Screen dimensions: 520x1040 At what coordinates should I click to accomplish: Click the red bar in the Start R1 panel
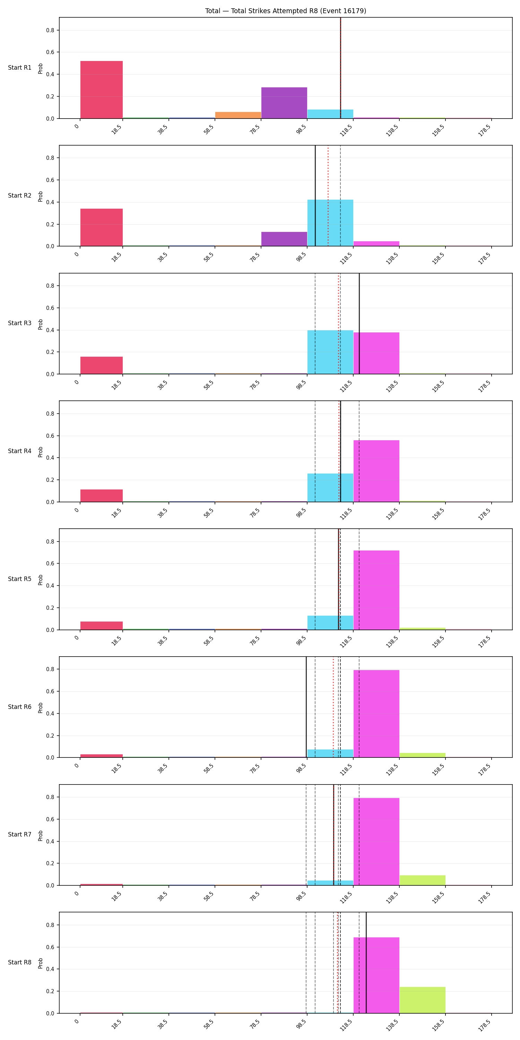(101, 90)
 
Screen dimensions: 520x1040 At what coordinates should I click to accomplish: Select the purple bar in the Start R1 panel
(284, 103)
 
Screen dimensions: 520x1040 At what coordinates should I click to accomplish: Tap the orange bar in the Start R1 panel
(238, 115)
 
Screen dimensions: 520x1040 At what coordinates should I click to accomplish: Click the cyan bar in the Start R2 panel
(330, 223)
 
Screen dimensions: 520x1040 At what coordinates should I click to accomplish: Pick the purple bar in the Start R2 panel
(284, 239)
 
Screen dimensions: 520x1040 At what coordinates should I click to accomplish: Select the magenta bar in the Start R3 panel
(376, 353)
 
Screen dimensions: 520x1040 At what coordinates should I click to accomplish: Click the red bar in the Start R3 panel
(101, 365)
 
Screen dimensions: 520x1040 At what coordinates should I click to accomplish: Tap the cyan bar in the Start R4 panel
(330, 488)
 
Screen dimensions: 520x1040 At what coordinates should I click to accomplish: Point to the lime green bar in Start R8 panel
(422, 1000)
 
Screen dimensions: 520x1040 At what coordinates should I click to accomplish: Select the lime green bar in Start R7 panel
(422, 880)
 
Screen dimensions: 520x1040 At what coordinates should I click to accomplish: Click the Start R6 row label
(20, 707)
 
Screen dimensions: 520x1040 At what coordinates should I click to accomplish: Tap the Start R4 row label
(20, 451)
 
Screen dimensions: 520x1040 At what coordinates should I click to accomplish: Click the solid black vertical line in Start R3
(359, 324)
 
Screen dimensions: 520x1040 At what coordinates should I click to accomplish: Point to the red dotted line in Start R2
(328, 196)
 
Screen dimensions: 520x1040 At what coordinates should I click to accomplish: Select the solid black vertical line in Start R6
(306, 707)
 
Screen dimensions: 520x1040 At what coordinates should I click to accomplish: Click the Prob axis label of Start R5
(40, 580)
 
